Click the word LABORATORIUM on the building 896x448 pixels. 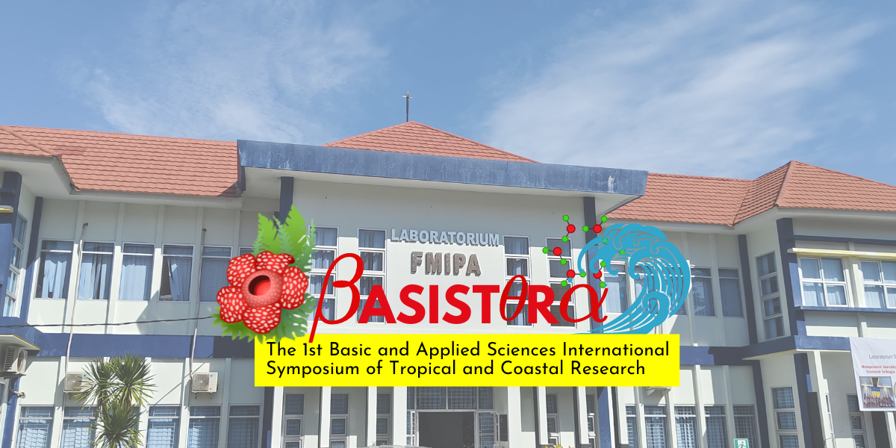coord(445,238)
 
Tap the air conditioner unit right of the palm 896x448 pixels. coord(204,382)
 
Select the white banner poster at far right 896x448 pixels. coord(872,373)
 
